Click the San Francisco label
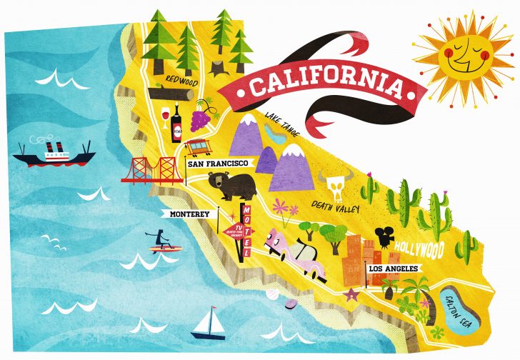click(x=217, y=164)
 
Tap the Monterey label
click(x=190, y=214)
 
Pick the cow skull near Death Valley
click(x=334, y=185)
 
